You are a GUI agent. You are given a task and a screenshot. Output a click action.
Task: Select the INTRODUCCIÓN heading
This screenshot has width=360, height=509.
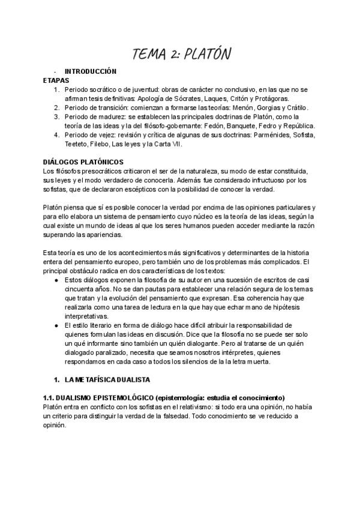pos(90,71)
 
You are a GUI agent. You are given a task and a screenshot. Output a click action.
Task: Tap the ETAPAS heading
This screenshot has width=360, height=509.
pos(56,80)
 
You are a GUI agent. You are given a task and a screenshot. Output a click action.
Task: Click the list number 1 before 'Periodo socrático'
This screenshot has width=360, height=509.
pos(56,89)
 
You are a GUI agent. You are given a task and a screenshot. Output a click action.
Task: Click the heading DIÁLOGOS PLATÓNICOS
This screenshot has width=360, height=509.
pos(83,162)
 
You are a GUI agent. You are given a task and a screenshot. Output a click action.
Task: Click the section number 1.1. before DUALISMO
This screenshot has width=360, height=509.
pos(50,398)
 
